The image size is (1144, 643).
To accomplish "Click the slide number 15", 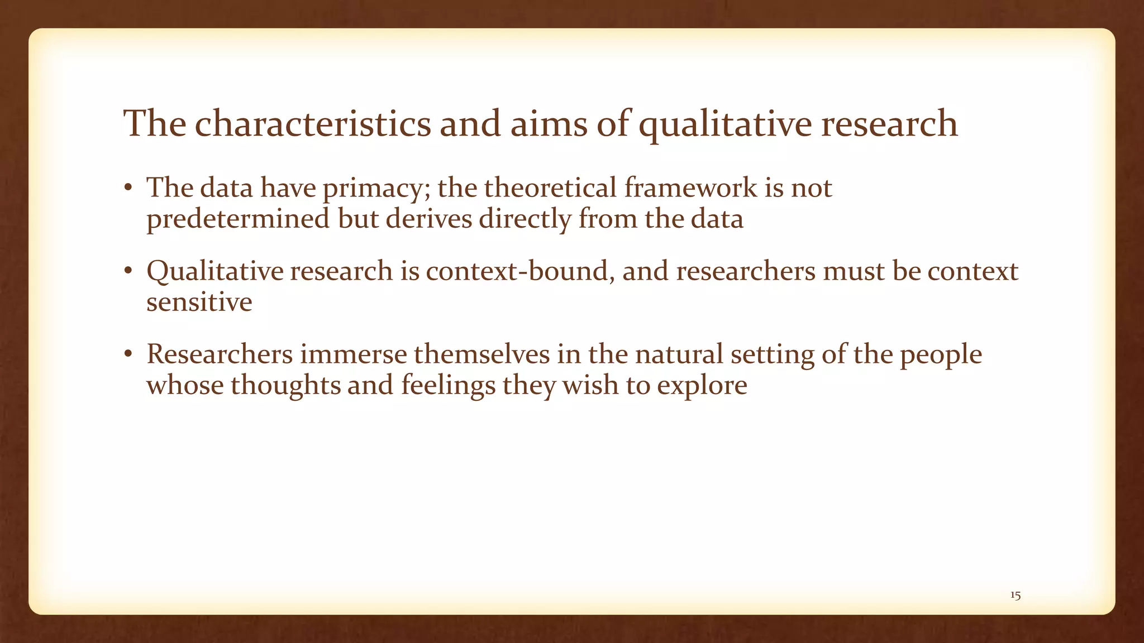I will [x=1016, y=596].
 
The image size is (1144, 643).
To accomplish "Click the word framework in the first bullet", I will [x=690, y=188].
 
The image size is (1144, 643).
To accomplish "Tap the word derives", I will [x=429, y=219].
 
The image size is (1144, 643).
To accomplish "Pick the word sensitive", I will [x=199, y=303].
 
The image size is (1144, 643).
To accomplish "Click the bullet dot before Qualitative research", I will [x=128, y=272].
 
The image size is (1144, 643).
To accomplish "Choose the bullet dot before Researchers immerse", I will [x=128, y=355].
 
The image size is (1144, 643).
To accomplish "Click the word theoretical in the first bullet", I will [x=550, y=188].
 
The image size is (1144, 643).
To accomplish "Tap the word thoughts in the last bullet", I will [x=285, y=385].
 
